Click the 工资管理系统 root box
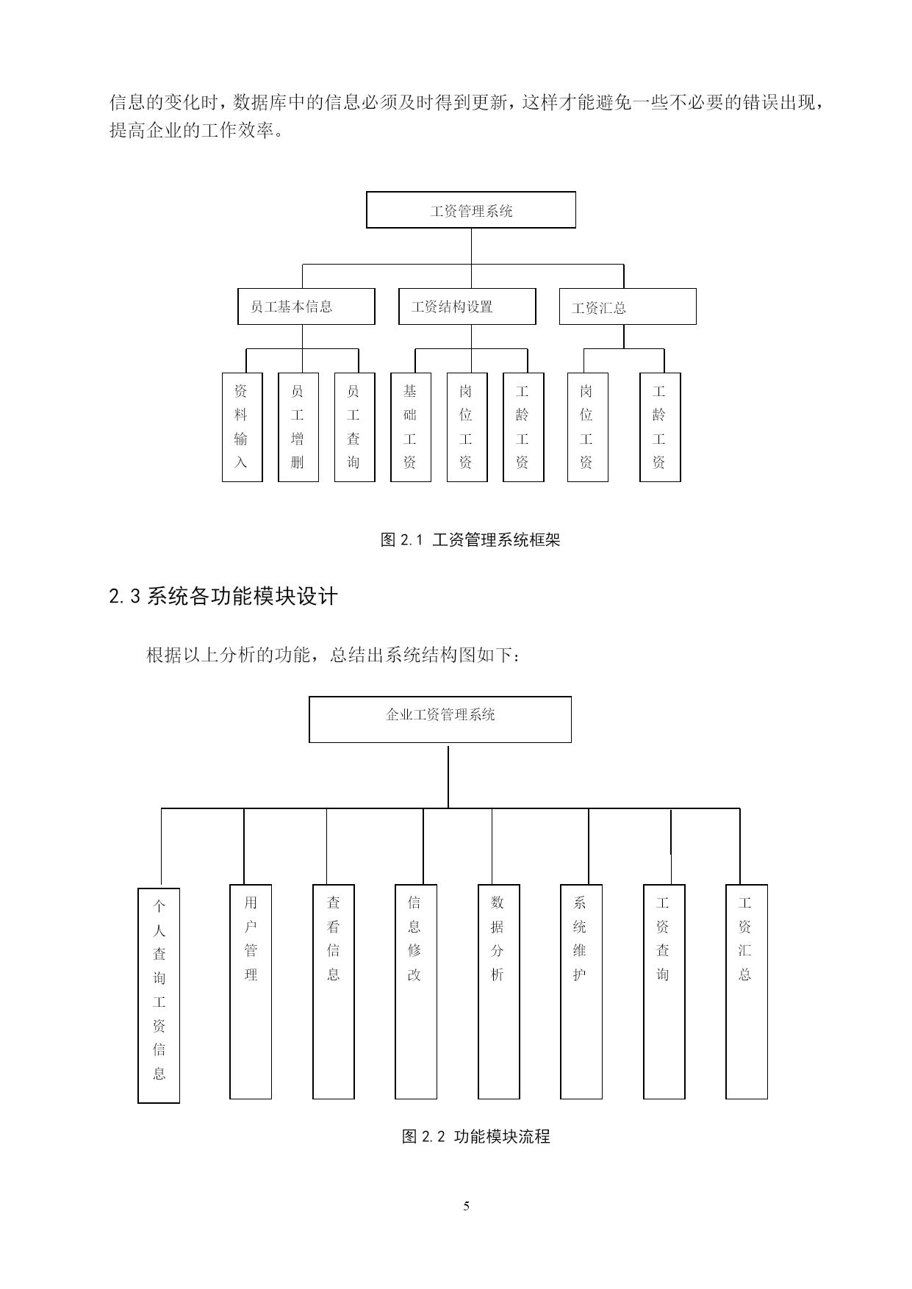pyautogui.click(x=471, y=210)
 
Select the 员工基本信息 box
pyautogui.click(x=306, y=306)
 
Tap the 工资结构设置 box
pyautogui.click(x=467, y=306)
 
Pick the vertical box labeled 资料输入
pyautogui.click(x=242, y=427)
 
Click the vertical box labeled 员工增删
pyautogui.click(x=298, y=427)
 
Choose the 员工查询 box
pyautogui.click(x=354, y=427)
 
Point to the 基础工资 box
pyautogui.click(x=410, y=427)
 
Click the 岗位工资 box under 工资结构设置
pyautogui.click(x=467, y=427)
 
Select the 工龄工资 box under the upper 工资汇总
pyautogui.click(x=660, y=427)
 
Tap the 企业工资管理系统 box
pyautogui.click(x=440, y=719)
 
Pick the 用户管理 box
pyautogui.click(x=251, y=991)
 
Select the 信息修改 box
pyautogui.click(x=416, y=991)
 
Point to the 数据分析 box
pyautogui.click(x=499, y=991)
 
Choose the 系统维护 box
pyautogui.click(x=581, y=991)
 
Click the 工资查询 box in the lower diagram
pyautogui.click(x=664, y=991)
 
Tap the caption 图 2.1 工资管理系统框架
pyautogui.click(x=470, y=540)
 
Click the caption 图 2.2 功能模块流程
pyautogui.click(x=475, y=1136)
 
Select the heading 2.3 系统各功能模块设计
pyautogui.click(x=223, y=596)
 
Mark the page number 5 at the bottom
pyautogui.click(x=466, y=1206)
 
